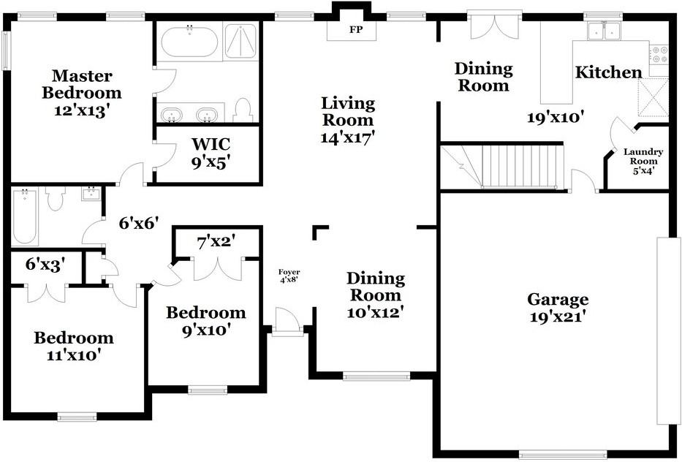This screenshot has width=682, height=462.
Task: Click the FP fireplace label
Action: point(356,30)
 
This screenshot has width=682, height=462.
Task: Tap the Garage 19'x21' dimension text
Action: point(556,317)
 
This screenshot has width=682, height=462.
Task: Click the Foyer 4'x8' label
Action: point(289,276)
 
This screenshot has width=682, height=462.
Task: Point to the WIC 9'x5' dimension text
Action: point(211,162)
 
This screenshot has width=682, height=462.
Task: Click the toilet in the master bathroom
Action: point(243,110)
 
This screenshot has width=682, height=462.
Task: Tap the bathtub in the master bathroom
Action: point(189,42)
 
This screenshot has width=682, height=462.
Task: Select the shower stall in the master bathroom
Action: point(240,42)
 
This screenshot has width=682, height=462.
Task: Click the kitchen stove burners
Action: point(659,54)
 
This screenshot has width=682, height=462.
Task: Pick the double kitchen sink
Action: point(604,31)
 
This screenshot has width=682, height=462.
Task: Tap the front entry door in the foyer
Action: point(287,322)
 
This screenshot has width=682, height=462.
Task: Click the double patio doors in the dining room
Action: point(494,26)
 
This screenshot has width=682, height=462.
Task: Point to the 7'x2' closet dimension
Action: point(216,242)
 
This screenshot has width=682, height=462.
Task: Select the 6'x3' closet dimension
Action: point(45,264)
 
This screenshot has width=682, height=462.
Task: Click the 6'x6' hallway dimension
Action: point(139,223)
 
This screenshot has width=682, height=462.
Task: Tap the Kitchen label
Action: point(608,72)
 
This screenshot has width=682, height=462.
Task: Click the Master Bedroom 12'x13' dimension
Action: point(81,111)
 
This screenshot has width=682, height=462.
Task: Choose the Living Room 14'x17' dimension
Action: point(347,138)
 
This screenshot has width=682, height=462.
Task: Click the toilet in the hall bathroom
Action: point(56,198)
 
